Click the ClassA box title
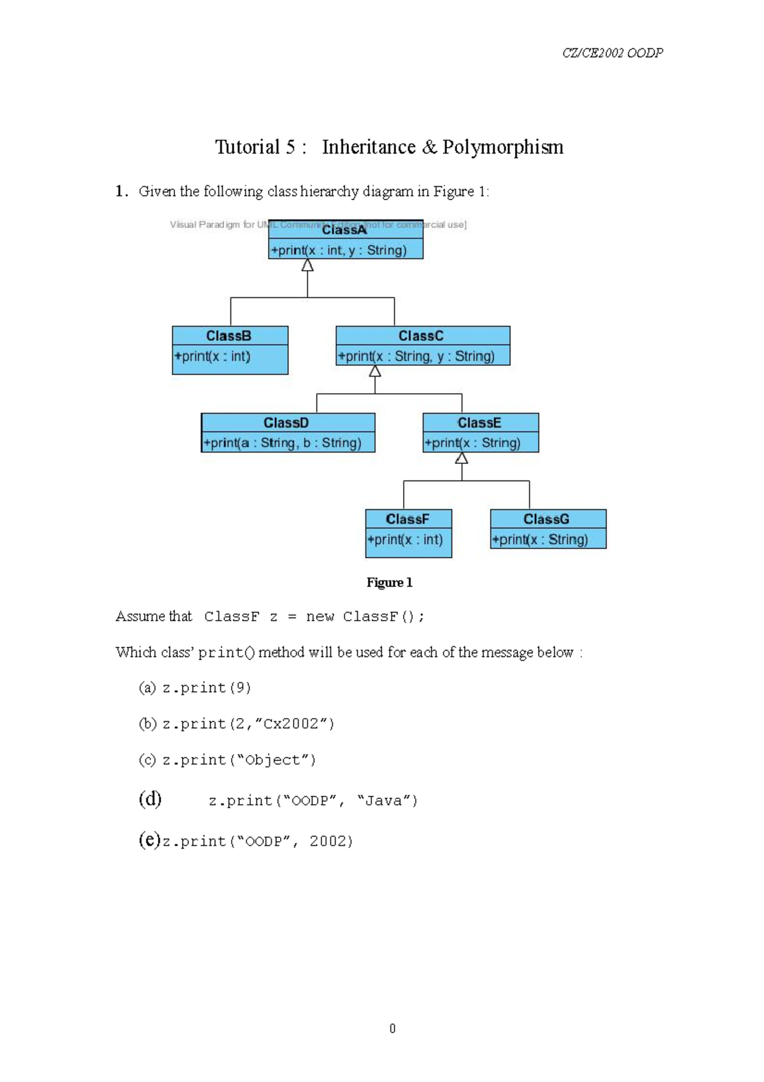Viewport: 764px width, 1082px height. (344, 229)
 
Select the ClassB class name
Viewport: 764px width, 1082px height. (229, 336)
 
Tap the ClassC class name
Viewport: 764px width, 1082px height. (421, 336)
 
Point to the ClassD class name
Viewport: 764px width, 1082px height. (286, 423)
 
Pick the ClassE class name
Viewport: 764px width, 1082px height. (479, 423)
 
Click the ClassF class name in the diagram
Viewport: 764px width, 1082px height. (407, 519)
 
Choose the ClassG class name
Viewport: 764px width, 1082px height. (546, 519)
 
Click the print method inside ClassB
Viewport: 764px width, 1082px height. (213, 356)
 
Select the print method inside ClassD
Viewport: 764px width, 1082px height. (282, 443)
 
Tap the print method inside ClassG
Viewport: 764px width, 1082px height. (540, 540)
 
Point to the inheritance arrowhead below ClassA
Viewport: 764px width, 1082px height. (308, 266)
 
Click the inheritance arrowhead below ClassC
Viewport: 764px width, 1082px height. (375, 371)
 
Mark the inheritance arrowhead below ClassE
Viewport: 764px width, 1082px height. (462, 458)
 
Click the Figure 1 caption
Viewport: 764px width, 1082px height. (389, 582)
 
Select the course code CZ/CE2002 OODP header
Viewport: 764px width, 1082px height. (612, 53)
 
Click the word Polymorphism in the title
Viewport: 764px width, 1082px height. (502, 147)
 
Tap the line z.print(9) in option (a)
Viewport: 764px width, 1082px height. (206, 688)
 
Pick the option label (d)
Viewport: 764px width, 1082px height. (150, 799)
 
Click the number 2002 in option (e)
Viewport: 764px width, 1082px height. (331, 842)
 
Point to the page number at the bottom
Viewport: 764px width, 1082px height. (392, 1028)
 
